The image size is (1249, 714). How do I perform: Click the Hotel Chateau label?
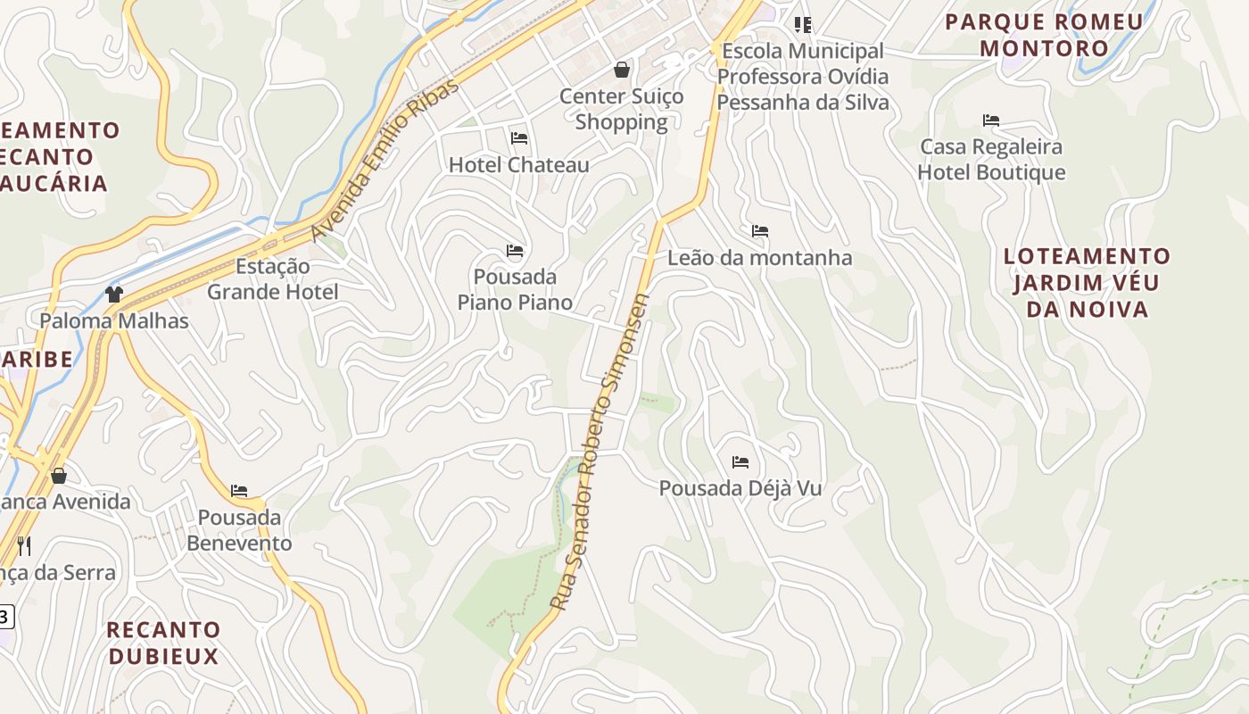(x=518, y=165)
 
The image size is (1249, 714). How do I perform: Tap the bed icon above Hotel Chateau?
(x=519, y=138)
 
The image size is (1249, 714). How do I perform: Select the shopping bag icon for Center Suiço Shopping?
(x=622, y=69)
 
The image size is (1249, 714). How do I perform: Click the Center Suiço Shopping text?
(x=622, y=109)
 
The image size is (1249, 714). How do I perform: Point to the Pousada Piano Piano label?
(x=515, y=289)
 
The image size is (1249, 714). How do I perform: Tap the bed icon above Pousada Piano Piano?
(x=515, y=251)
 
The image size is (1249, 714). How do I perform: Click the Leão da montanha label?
(x=760, y=258)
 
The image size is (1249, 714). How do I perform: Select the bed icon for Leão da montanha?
(x=760, y=231)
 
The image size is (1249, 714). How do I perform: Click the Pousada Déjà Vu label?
(x=740, y=488)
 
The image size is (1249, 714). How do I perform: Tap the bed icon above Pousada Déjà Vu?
(x=740, y=462)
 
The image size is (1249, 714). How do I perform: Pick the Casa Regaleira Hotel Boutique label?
(x=991, y=159)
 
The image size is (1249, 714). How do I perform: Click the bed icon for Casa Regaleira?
(x=991, y=120)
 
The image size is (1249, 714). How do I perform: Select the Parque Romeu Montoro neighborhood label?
(x=1044, y=35)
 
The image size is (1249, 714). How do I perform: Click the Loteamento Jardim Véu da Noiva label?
(x=1087, y=282)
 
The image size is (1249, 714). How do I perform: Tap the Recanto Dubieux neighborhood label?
(x=163, y=643)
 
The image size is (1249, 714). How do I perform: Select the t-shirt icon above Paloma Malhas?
(x=113, y=294)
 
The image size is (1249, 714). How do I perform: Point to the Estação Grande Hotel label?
(x=273, y=278)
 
